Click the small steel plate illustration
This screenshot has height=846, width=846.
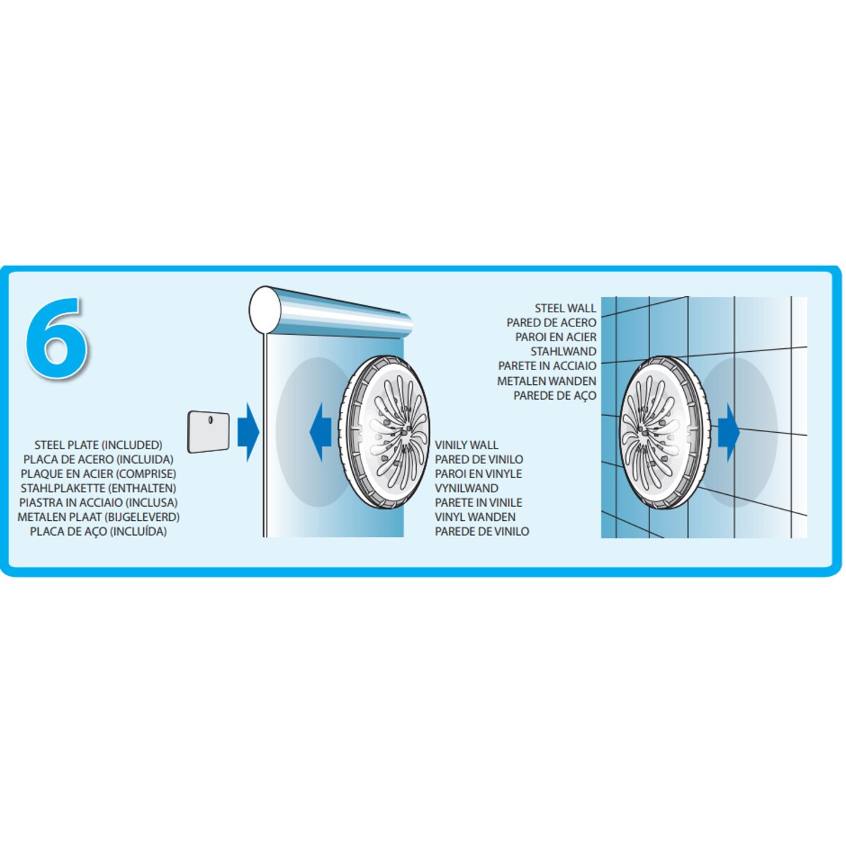coord(209,432)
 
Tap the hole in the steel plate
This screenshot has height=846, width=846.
coord(210,419)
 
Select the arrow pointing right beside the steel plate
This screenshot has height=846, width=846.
coord(248,432)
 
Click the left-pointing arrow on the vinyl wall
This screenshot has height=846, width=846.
coord(321,432)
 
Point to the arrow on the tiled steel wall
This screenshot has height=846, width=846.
coord(729,432)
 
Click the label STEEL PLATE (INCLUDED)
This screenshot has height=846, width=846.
coord(98,445)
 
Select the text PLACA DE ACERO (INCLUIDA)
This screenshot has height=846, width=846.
coord(98,460)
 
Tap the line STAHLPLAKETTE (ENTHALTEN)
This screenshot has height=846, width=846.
coord(98,488)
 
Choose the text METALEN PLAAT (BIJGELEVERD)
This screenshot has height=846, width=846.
coord(98,517)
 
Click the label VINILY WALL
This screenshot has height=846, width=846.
coord(467,445)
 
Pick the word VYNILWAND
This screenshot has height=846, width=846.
coord(467,488)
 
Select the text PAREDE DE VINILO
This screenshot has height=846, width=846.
coord(482,532)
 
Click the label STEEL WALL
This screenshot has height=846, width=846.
coord(565,308)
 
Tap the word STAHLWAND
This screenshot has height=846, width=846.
coord(563,351)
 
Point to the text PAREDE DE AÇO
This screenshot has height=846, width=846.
coord(555,395)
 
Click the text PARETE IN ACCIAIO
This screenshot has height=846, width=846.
coord(547,366)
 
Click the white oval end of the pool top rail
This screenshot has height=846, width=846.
coord(265,310)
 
